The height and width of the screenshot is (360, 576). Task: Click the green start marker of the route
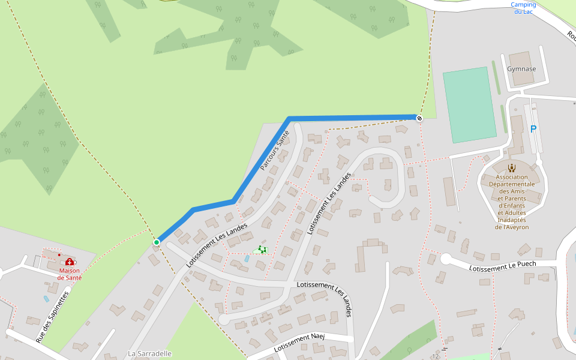pyautogui.click(x=157, y=242)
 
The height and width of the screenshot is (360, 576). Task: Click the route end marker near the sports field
pyautogui.click(x=419, y=118)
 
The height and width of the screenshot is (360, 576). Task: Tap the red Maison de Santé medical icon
pyautogui.click(x=70, y=262)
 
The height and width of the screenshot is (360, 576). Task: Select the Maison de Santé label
pyautogui.click(x=70, y=274)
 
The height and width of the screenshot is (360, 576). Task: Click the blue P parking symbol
pyautogui.click(x=533, y=129)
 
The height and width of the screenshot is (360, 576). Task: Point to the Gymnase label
pyautogui.click(x=521, y=69)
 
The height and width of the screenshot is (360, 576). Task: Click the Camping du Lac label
pyautogui.click(x=523, y=8)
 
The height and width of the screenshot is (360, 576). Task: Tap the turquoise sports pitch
pyautogui.click(x=469, y=105)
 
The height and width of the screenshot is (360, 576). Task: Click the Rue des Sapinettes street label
pyautogui.click(x=52, y=317)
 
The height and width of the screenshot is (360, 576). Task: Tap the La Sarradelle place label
pyautogui.click(x=150, y=353)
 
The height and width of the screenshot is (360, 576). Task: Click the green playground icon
pyautogui.click(x=262, y=249)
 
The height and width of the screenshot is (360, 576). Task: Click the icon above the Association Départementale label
pyautogui.click(x=512, y=168)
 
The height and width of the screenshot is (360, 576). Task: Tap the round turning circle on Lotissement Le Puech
pyautogui.click(x=446, y=259)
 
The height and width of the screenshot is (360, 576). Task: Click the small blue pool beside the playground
pyautogui.click(x=247, y=259)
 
